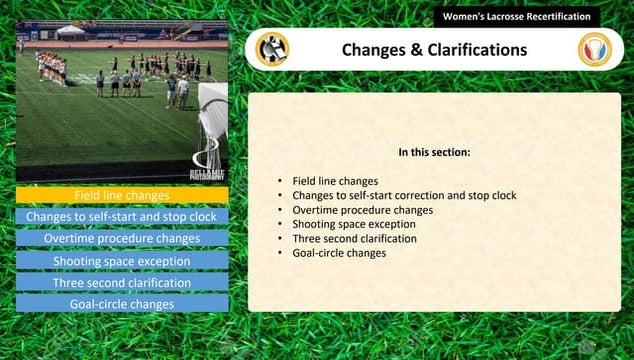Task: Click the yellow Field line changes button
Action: point(122,195)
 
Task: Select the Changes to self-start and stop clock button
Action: point(122,216)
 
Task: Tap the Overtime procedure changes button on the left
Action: point(122,239)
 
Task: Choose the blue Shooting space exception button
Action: point(122,261)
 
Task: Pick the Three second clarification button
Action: point(122,283)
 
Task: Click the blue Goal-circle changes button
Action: point(122,304)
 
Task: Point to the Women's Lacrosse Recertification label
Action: point(516,17)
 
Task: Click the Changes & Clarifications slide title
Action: point(434,49)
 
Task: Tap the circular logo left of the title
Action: point(272,49)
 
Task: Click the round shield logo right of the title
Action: point(595,49)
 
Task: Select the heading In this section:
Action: point(434,153)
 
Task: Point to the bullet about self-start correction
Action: point(404,196)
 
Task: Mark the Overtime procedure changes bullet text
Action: point(362,210)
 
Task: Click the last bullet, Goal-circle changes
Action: point(339,253)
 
